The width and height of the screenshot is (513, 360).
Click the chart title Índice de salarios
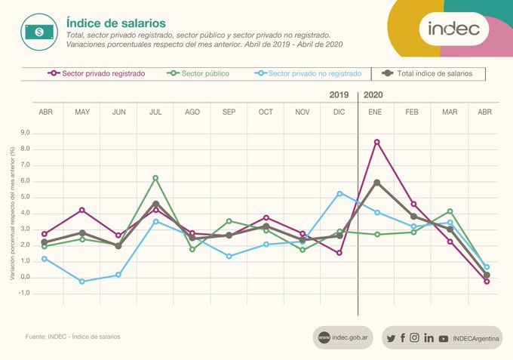click(116, 23)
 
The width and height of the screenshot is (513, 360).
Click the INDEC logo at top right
click(454, 29)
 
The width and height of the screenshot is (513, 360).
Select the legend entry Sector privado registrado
click(102, 74)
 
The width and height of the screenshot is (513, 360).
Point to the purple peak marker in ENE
click(376, 142)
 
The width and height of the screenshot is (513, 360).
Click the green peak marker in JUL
click(155, 178)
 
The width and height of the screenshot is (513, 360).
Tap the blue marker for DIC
click(339, 194)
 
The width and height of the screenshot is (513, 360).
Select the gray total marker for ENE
click(376, 183)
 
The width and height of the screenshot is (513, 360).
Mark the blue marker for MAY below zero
click(81, 281)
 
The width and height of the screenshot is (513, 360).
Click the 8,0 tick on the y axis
click(26, 149)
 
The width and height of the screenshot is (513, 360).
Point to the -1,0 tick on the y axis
click(24, 293)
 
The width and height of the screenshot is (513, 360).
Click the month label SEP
click(229, 112)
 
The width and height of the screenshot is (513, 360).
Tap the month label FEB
click(412, 112)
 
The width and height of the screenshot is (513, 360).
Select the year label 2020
click(373, 95)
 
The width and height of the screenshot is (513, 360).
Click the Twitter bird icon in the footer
click(391, 338)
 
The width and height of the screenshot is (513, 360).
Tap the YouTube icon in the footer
click(443, 339)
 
